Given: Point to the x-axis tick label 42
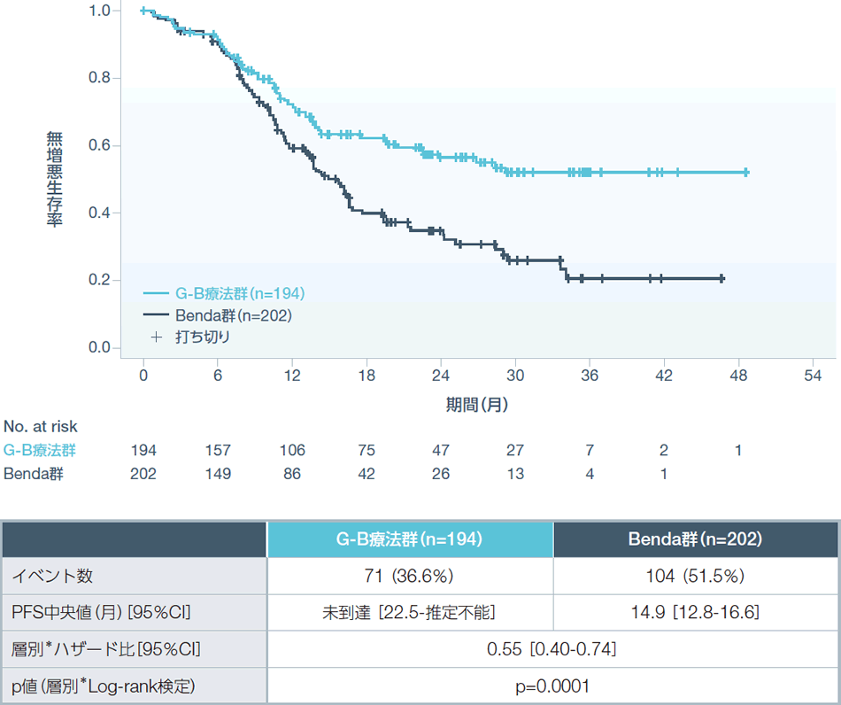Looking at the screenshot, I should [x=664, y=375].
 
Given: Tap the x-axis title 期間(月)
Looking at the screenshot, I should [x=476, y=405].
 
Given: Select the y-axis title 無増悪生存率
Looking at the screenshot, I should [x=55, y=179].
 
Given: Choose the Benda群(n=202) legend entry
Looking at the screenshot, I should [x=220, y=314].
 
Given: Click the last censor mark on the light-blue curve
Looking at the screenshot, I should [x=746, y=173].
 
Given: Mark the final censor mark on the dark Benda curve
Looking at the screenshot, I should [x=722, y=279].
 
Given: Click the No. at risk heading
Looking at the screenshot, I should [x=41, y=427].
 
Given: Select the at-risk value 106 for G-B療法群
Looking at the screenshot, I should [x=292, y=450].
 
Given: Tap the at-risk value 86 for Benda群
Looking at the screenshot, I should [x=292, y=474].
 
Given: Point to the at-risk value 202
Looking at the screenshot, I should [x=143, y=474].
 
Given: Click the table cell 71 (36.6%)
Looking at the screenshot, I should [x=410, y=576].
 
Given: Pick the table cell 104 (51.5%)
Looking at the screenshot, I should [x=696, y=576].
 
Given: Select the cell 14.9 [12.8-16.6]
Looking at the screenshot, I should [x=696, y=612].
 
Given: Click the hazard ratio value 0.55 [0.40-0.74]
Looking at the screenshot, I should [x=552, y=649].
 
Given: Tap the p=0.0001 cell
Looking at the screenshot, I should [x=552, y=686].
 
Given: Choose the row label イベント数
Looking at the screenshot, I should [x=51, y=576].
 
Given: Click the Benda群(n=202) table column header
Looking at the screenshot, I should [x=696, y=538].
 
